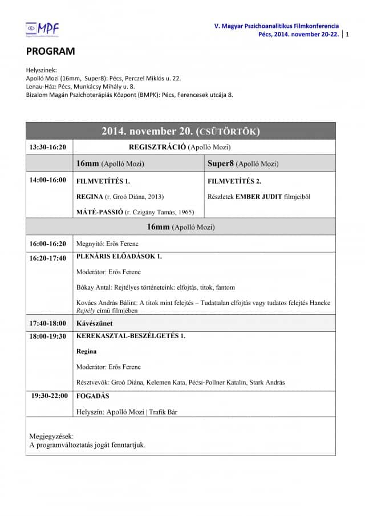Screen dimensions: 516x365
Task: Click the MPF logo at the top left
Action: tap(43, 29)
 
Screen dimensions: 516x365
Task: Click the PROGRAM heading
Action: tap(50, 51)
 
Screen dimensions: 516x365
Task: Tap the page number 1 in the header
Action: tap(347, 34)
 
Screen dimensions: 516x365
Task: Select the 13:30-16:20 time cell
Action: tap(48, 147)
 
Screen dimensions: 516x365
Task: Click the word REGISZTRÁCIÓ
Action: tap(158, 147)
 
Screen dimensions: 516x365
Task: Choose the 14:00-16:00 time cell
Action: tap(48, 180)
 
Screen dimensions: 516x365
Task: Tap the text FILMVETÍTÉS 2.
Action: tap(234, 181)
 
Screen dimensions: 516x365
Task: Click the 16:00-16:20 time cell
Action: tap(48, 244)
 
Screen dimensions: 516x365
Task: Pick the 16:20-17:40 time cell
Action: tap(48, 258)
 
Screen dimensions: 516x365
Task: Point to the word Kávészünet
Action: tap(94, 323)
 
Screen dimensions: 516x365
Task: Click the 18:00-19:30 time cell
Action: tap(48, 336)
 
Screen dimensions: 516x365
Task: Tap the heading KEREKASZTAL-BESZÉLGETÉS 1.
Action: tap(131, 336)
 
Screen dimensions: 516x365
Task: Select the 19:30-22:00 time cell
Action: tap(49, 396)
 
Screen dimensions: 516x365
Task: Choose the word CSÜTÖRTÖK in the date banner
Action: tap(228, 132)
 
